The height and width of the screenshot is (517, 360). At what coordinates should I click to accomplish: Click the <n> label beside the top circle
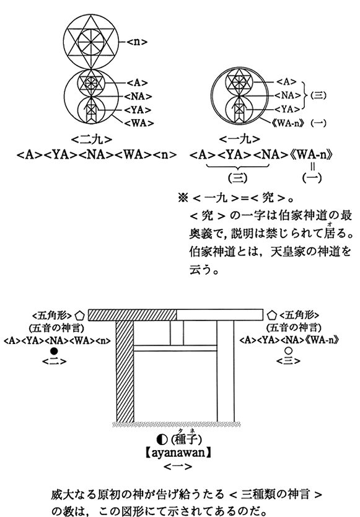click(x=137, y=42)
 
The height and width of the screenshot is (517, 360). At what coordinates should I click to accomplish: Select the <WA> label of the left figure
click(x=139, y=123)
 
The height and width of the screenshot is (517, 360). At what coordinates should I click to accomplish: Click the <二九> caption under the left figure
click(x=91, y=140)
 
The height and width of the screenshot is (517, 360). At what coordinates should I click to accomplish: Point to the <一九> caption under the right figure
click(x=239, y=140)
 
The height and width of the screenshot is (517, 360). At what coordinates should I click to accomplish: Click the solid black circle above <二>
click(x=54, y=351)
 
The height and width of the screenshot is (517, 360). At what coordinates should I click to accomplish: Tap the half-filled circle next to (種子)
click(x=162, y=439)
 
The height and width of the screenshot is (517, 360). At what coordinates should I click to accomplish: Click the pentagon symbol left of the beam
click(x=81, y=316)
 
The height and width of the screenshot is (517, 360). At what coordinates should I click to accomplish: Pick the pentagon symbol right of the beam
click(x=271, y=315)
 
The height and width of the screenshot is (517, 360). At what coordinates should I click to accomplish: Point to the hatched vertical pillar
click(x=125, y=371)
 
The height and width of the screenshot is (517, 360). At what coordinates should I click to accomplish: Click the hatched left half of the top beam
click(x=133, y=315)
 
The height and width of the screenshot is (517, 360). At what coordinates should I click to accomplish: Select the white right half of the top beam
click(x=220, y=315)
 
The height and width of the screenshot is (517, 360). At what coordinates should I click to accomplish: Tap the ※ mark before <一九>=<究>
click(x=182, y=198)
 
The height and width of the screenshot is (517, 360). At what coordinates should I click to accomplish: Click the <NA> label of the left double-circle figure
click(x=138, y=96)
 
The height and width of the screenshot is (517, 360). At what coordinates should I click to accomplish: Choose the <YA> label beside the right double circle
click(x=288, y=109)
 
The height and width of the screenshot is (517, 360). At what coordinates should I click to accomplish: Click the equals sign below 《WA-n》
click(x=312, y=167)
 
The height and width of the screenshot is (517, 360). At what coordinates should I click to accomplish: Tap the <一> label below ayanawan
click(x=178, y=467)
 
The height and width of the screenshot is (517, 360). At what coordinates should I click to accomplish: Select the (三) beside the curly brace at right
click(x=318, y=95)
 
